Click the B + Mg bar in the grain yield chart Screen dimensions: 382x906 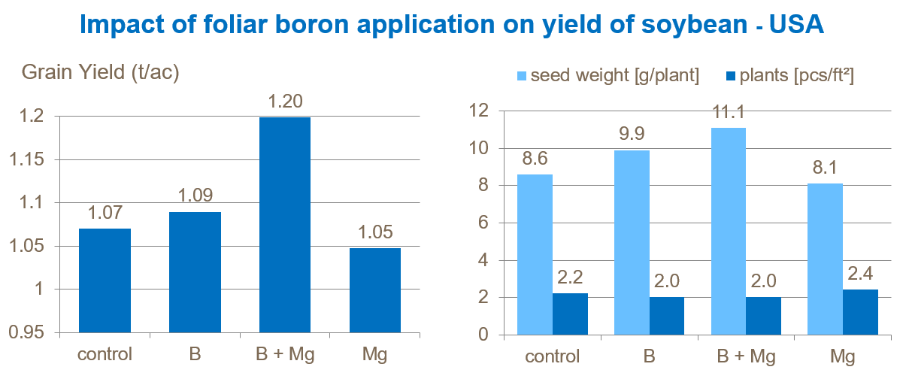[285, 224]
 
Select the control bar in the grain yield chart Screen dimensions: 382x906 [105, 280]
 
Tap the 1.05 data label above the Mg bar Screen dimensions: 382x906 [375, 232]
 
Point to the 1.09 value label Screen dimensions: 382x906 [195, 196]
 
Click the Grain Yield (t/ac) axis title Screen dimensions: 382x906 [100, 72]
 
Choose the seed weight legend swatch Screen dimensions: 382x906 [521, 75]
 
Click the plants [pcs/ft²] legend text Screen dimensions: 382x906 [798, 75]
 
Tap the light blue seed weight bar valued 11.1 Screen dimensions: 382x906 [728, 232]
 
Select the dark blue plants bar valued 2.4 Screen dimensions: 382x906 [860, 312]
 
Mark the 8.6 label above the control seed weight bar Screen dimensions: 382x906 [535, 159]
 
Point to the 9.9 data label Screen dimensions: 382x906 [632, 135]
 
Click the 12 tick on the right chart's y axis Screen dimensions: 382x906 [477, 111]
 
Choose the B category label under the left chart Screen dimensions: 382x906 [195, 354]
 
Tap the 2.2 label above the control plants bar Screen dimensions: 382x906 [571, 277]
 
